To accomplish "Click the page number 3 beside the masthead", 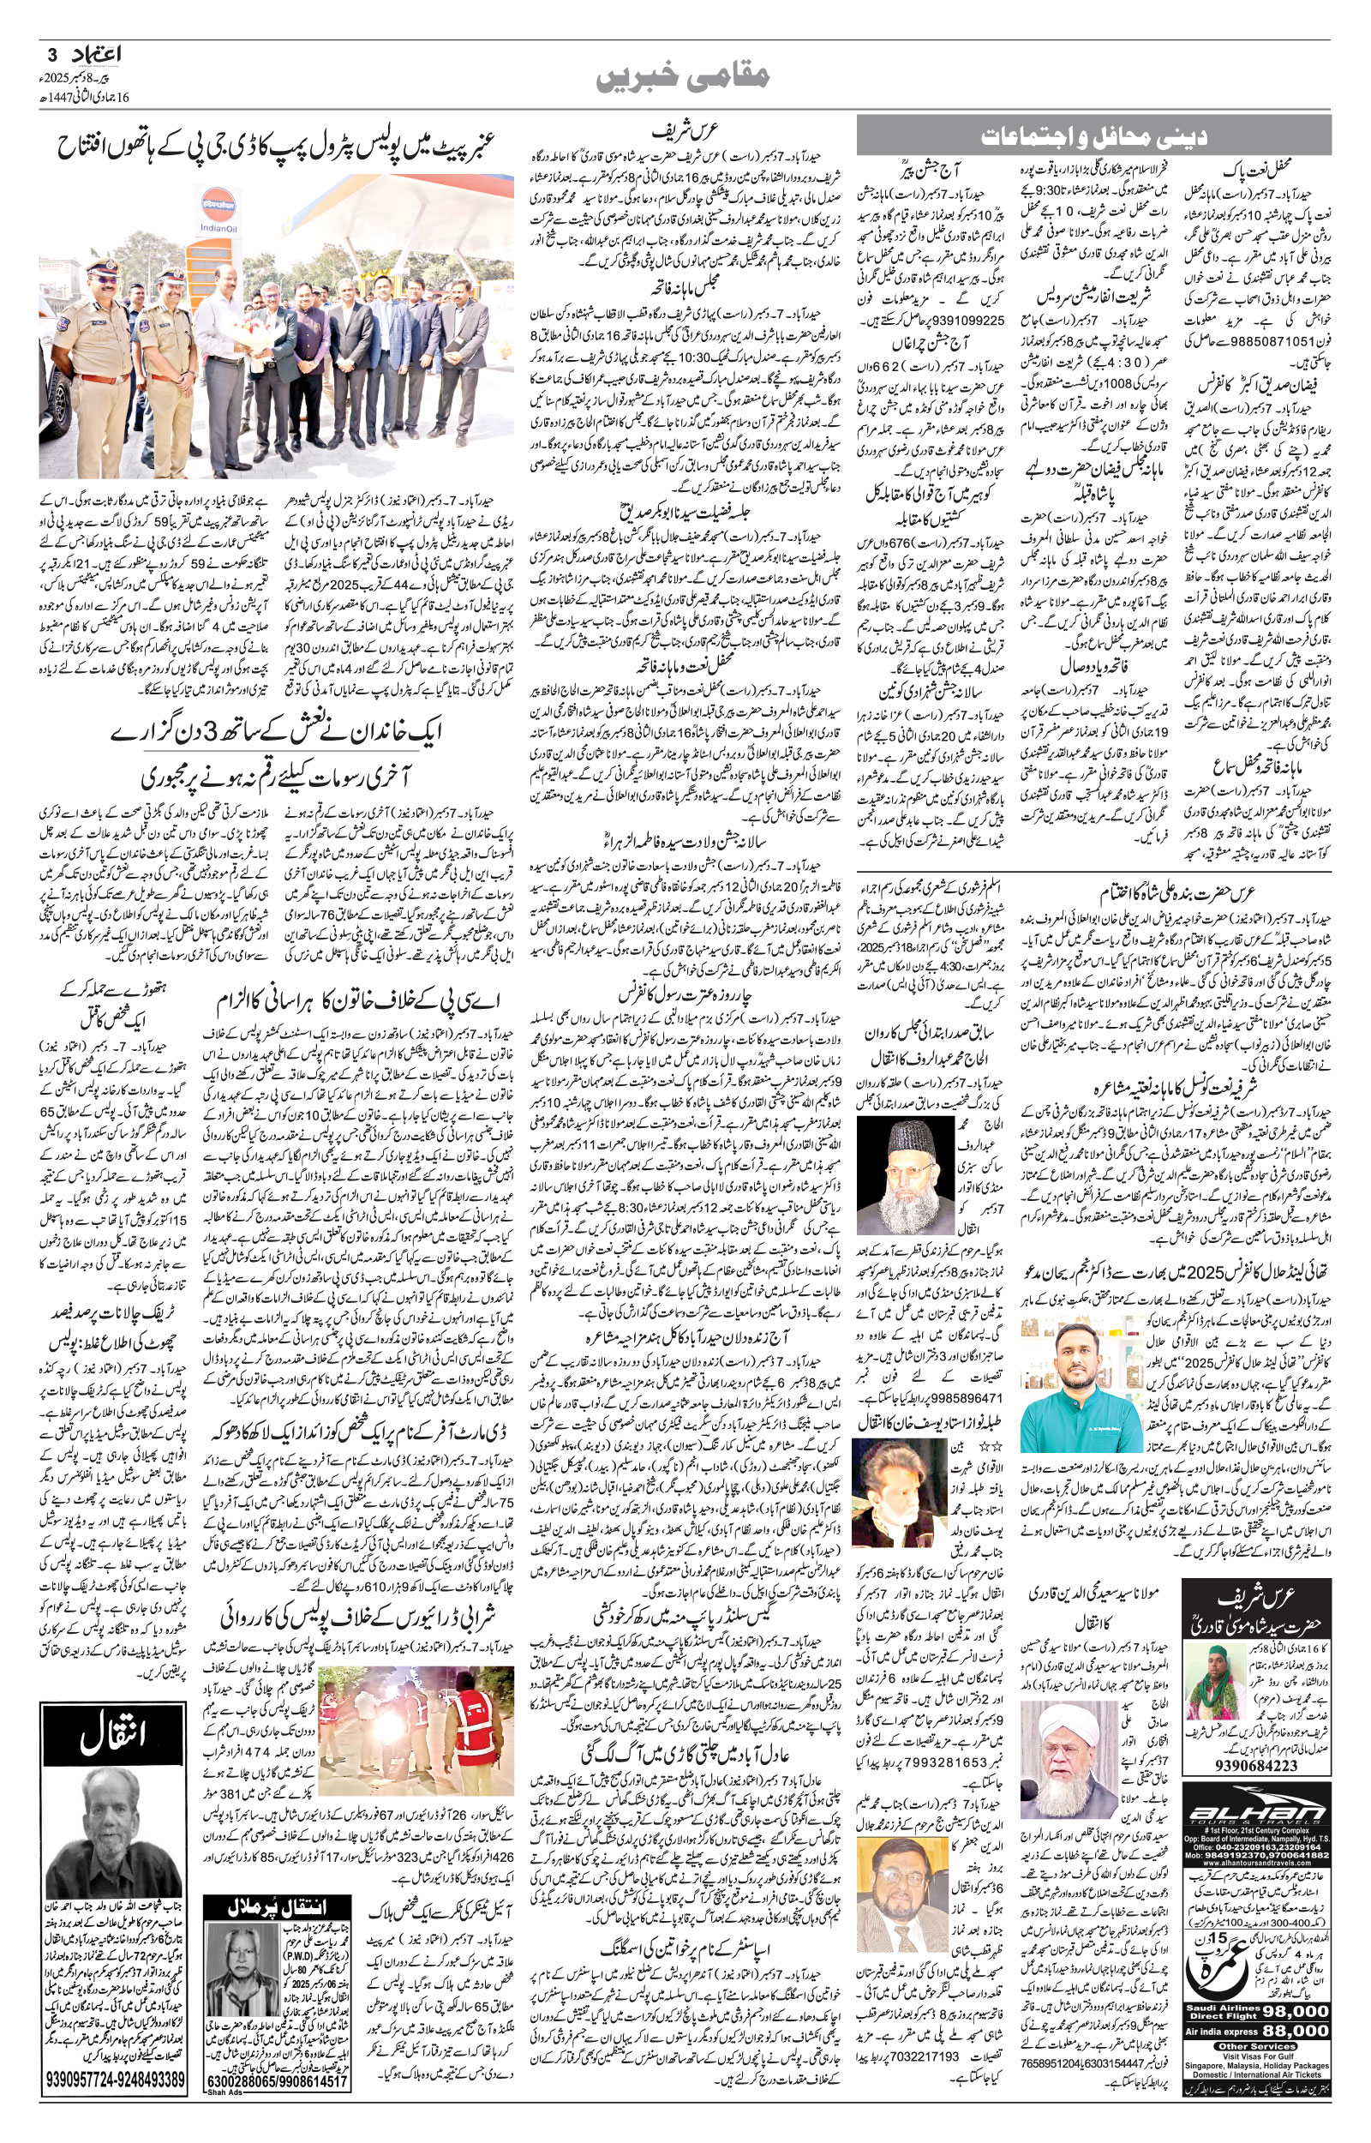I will click(51, 54).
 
